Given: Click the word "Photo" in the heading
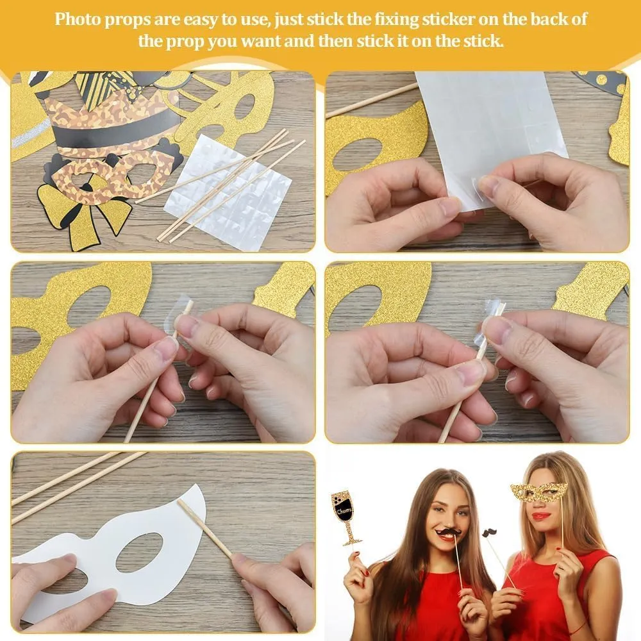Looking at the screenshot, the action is coord(78,19).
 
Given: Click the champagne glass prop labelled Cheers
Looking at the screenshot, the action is coord(346,516).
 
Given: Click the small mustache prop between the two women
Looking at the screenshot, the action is coord(490,533).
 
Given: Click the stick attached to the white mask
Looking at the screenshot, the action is coord(204,528).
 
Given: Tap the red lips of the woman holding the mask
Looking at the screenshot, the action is coord(542,516).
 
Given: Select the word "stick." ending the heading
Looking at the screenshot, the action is coord(483,41).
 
